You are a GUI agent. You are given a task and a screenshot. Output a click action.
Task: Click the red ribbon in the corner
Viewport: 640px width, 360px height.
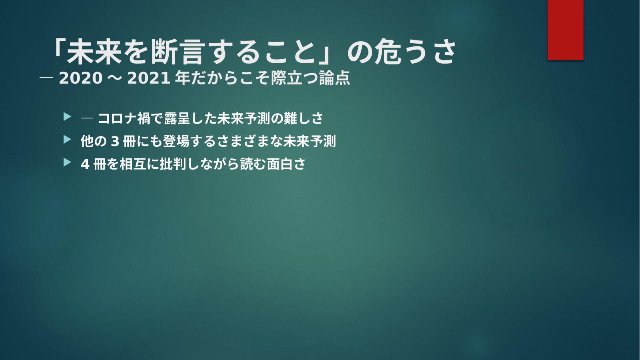(x=565, y=30)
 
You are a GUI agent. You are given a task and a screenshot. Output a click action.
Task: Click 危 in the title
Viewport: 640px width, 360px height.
(x=388, y=52)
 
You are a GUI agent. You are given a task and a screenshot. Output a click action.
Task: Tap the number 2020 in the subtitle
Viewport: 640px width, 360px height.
(x=81, y=78)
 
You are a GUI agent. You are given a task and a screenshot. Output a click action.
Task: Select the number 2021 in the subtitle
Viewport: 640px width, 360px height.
(x=149, y=78)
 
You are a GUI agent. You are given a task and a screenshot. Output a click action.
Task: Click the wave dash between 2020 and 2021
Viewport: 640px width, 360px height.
(x=115, y=78)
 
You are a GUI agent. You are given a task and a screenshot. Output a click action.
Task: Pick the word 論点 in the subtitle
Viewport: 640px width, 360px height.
(x=335, y=78)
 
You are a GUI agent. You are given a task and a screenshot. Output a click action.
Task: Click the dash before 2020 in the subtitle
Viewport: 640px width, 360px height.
(x=46, y=78)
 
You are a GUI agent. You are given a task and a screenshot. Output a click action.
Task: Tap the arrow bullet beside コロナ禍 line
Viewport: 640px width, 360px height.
(x=67, y=117)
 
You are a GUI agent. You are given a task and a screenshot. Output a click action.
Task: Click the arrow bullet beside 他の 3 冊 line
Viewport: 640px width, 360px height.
(x=67, y=140)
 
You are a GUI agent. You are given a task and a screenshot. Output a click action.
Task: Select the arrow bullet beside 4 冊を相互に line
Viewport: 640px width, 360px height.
(x=67, y=162)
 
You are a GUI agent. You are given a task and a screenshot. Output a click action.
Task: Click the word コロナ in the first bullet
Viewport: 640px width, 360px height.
(x=117, y=118)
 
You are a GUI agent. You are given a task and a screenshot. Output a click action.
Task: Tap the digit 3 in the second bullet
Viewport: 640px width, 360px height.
(x=115, y=142)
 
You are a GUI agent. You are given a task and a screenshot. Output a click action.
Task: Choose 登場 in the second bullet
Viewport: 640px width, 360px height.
(x=176, y=141)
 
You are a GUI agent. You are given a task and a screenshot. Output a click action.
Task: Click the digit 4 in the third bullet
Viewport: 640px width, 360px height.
(x=85, y=164)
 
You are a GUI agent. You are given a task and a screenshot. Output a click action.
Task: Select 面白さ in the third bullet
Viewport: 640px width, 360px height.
(x=286, y=164)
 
